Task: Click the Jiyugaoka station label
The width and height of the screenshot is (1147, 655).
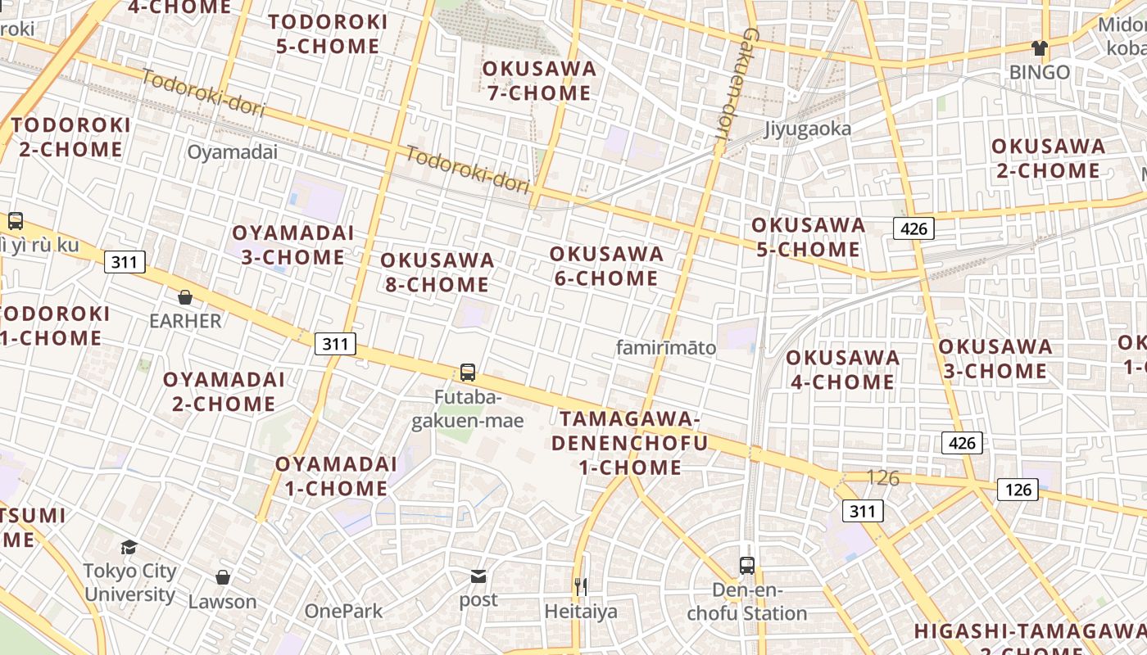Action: pyautogui.click(x=807, y=129)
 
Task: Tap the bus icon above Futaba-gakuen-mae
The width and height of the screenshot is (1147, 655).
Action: pyautogui.click(x=468, y=373)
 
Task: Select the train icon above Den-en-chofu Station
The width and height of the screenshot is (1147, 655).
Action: pyautogui.click(x=747, y=565)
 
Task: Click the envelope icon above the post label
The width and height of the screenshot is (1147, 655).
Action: pyautogui.click(x=478, y=576)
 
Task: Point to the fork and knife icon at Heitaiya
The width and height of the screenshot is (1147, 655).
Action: pyautogui.click(x=581, y=586)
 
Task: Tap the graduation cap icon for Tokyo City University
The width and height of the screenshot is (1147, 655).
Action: pyautogui.click(x=129, y=547)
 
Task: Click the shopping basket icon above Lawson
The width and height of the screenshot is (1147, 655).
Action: pyautogui.click(x=223, y=577)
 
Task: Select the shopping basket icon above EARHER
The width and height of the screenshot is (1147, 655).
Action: pyautogui.click(x=185, y=296)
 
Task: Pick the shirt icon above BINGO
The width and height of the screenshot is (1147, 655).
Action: pyautogui.click(x=1040, y=48)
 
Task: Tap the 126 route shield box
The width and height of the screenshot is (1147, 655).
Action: pyautogui.click(x=1018, y=490)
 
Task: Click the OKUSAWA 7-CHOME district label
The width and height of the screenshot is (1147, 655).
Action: pyautogui.click(x=538, y=80)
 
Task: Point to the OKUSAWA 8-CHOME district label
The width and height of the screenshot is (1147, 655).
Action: pyautogui.click(x=437, y=273)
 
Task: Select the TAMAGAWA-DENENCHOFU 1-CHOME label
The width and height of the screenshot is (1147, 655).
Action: pyautogui.click(x=628, y=443)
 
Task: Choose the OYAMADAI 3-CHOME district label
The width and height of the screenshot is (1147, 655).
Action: pyautogui.click(x=292, y=245)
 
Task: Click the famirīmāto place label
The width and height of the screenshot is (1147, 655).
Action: pyautogui.click(x=666, y=348)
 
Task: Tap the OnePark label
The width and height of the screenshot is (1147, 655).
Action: pyautogui.click(x=343, y=611)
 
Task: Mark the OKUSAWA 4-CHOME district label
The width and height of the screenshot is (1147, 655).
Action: pyautogui.click(x=842, y=369)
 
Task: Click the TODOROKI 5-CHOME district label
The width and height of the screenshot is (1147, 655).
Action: pyautogui.click(x=328, y=34)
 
